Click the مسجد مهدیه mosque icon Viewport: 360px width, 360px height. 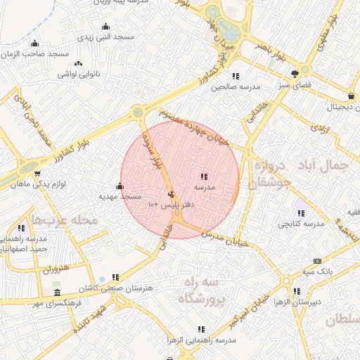tap(119, 186)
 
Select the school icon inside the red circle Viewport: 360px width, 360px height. tap(204, 176)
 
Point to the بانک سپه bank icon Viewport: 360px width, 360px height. tap(317, 261)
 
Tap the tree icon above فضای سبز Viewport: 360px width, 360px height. tap(295, 73)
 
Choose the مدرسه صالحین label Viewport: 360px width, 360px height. tap(236, 86)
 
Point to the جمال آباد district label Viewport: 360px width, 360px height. tap(329, 166)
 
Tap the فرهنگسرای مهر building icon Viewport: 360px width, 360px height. tap(57, 293)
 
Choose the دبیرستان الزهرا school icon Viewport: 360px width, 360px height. tap(296, 291)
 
